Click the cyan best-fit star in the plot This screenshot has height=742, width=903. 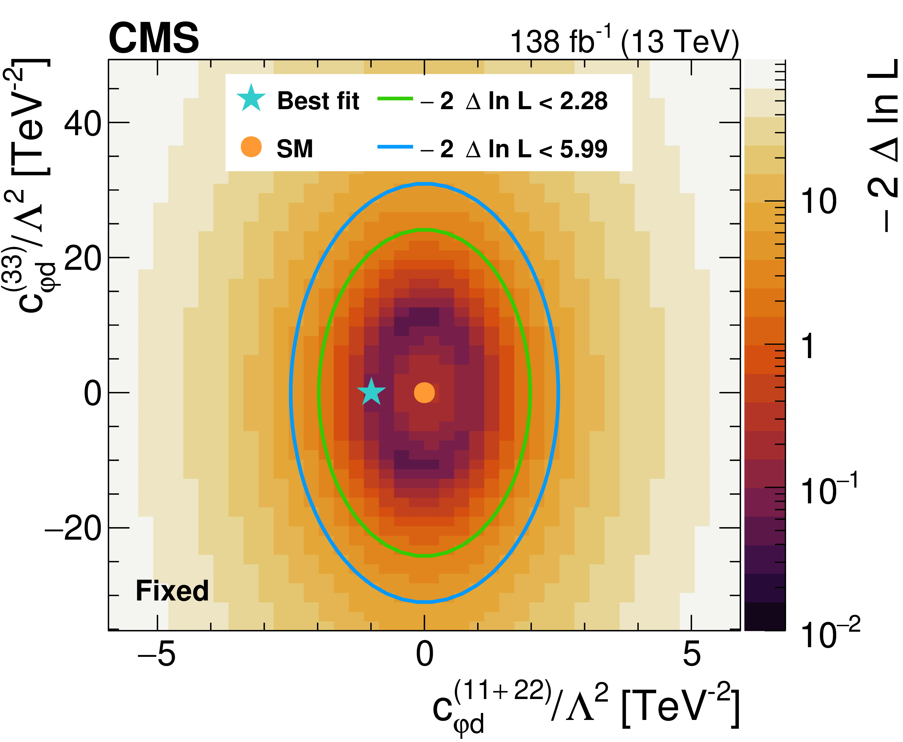coord(371,392)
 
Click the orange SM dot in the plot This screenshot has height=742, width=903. coord(424,392)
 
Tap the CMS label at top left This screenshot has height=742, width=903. coord(154,38)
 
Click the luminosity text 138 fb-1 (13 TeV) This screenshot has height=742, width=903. coord(624,42)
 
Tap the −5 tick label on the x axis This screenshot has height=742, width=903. coord(156,654)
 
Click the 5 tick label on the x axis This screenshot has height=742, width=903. coord(692,654)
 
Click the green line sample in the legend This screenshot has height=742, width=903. coord(395,99)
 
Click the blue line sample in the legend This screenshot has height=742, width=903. coord(395,147)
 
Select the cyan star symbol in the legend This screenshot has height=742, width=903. coord(251,99)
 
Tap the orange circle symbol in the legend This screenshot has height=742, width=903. coord(251,147)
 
